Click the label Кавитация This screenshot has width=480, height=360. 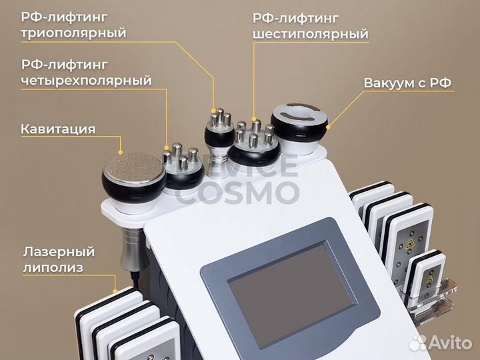tap(58, 129)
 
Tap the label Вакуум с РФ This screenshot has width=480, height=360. tap(407, 83)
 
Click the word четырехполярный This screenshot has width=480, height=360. tap(86, 81)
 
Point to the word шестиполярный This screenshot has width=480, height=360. tap(311, 33)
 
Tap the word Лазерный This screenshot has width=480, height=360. tap(59, 252)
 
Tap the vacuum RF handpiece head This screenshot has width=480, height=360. tap(300, 120)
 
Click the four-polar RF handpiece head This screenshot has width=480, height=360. tap(183, 167)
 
